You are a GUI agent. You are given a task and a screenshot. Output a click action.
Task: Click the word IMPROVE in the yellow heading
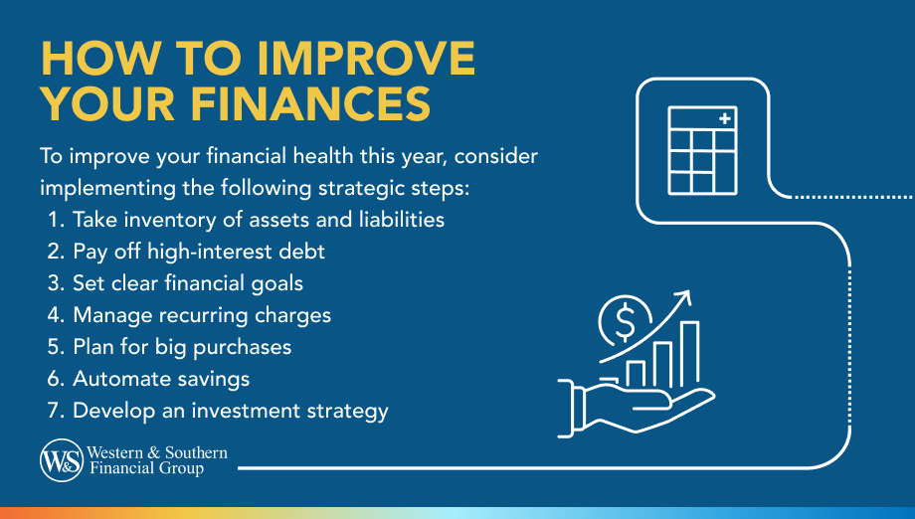coord(363,59)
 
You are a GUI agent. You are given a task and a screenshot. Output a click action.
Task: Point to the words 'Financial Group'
coord(145,468)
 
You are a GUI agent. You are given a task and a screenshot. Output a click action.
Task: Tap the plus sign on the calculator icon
coord(724,120)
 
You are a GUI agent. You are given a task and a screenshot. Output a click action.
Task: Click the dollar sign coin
coord(626,321)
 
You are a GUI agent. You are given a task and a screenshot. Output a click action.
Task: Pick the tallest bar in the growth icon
coord(688,354)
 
